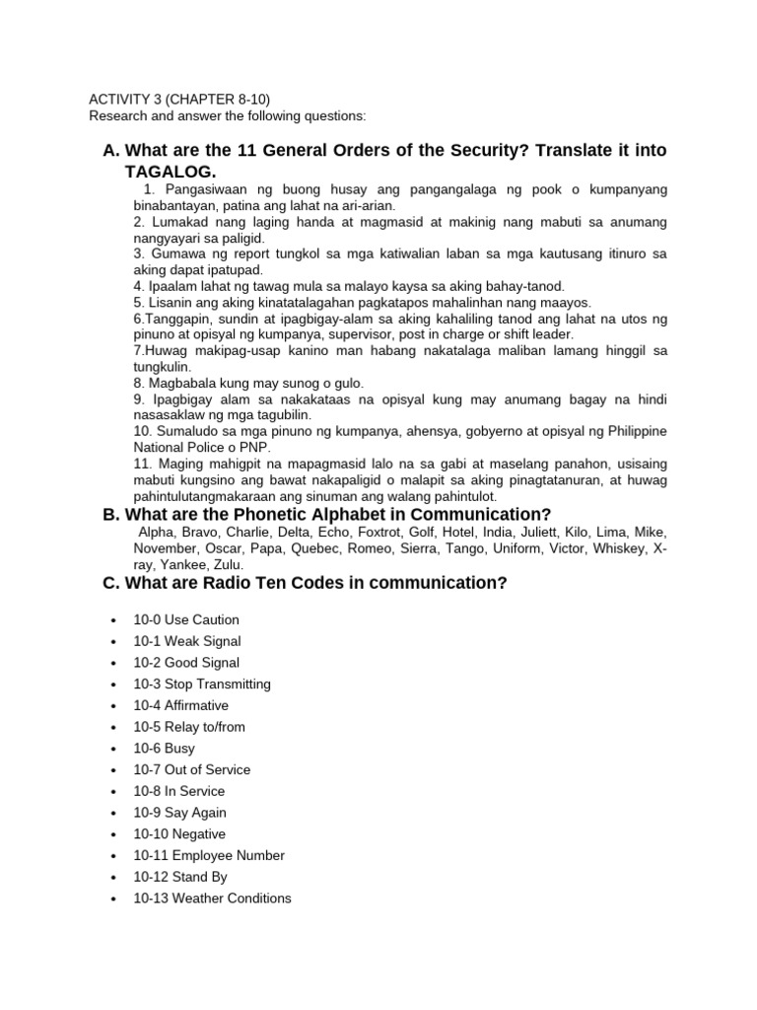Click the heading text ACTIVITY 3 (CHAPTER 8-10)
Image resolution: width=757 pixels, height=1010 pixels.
click(x=179, y=99)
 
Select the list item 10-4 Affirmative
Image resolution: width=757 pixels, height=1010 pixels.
click(x=180, y=705)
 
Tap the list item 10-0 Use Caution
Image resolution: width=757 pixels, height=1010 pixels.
click(x=186, y=619)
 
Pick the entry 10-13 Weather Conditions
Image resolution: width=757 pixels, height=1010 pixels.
click(x=212, y=898)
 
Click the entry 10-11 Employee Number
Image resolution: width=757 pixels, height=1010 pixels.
click(x=209, y=855)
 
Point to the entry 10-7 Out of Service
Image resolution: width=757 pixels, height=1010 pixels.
click(x=192, y=769)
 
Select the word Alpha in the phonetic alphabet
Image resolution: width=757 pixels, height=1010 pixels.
click(x=156, y=532)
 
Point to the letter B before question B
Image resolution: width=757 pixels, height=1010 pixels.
click(x=110, y=514)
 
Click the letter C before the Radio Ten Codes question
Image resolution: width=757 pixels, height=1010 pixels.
click(x=110, y=583)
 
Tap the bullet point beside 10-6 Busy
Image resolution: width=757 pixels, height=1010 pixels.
click(x=115, y=749)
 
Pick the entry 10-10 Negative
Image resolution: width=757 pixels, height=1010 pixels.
click(x=179, y=833)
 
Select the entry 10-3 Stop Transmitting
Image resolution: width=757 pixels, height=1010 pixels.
click(x=202, y=684)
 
